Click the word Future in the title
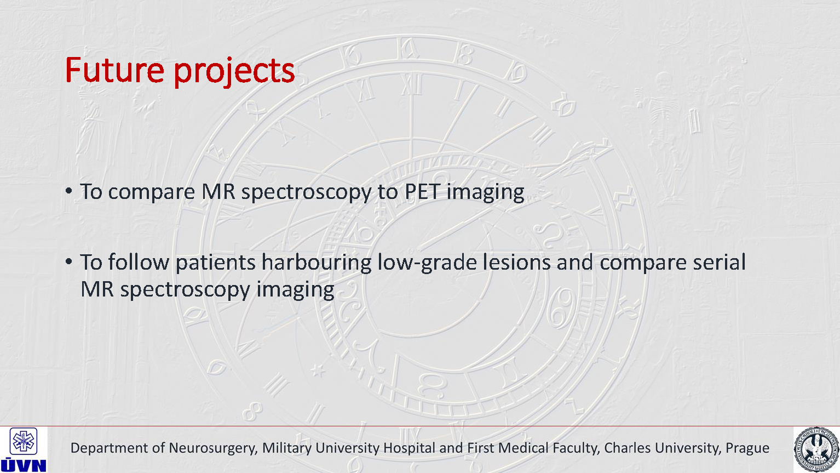[x=115, y=70]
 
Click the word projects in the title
[x=234, y=72]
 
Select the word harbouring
[x=317, y=261]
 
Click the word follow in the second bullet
[x=139, y=261]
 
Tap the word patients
[x=215, y=263]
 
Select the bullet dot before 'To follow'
[x=68, y=261]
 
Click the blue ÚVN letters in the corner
[x=23, y=465]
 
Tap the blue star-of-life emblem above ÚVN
[x=23, y=441]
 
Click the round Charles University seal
[x=816, y=450]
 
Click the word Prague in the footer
[x=747, y=448]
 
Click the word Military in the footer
[x=287, y=448]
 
